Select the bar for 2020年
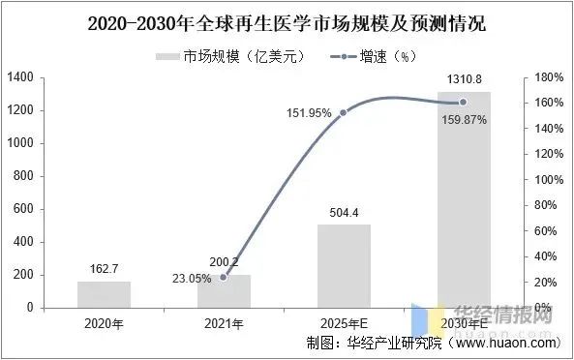tap(105, 294)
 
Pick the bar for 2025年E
tap(344, 266)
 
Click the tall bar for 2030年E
tap(463, 199)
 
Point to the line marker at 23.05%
tap(224, 278)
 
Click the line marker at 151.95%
tap(344, 113)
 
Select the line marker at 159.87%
tap(463, 103)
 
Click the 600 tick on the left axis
tap(24, 209)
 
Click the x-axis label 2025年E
tap(344, 322)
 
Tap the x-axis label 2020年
tap(105, 322)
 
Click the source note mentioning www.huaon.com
tap(431, 343)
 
